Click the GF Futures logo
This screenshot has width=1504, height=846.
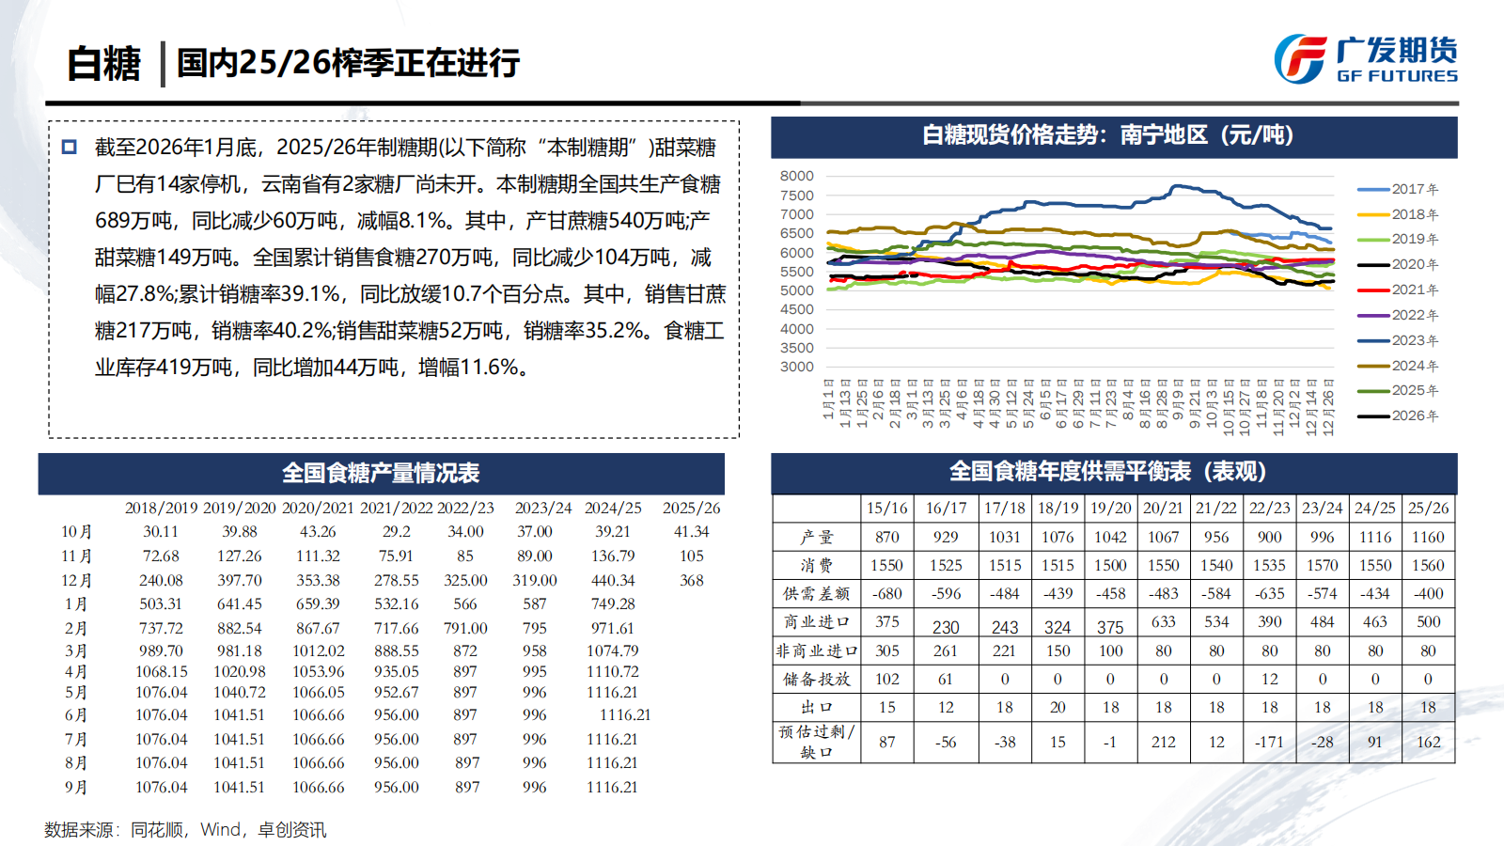click(1365, 59)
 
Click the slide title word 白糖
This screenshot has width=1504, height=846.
click(103, 64)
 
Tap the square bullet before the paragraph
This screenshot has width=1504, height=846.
click(70, 148)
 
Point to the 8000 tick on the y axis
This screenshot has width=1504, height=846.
click(796, 176)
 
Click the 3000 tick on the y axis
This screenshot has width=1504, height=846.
click(796, 367)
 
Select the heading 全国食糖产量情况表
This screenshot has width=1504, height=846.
click(381, 473)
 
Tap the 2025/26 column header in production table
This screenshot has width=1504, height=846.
click(691, 508)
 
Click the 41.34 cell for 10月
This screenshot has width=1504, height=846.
click(691, 532)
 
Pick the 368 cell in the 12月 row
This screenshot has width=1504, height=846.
click(691, 581)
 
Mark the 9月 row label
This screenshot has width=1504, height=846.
click(76, 788)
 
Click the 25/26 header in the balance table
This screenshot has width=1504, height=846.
click(1428, 508)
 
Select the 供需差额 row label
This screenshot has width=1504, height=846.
click(816, 594)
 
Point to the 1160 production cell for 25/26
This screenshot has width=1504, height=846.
click(1428, 537)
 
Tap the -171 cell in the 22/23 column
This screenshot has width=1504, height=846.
click(1269, 742)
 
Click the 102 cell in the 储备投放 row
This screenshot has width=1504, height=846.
click(886, 679)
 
